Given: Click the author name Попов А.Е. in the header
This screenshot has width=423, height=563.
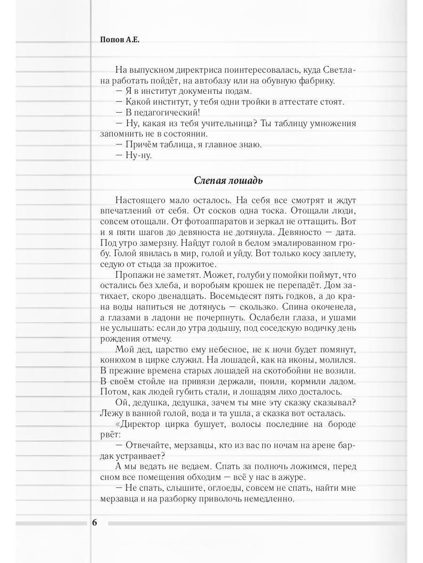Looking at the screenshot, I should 120,41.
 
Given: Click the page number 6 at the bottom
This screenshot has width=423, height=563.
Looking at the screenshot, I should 94,523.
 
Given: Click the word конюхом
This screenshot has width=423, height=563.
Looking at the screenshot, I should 118,360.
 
